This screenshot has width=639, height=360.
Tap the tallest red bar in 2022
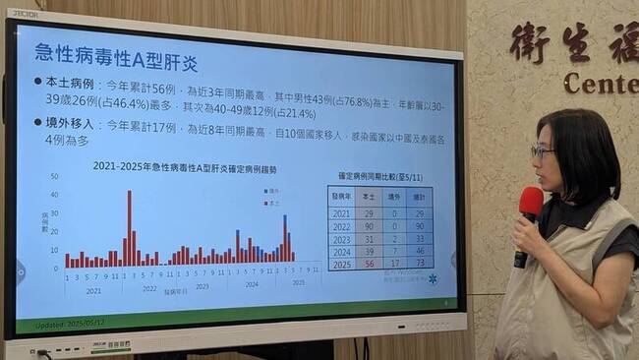pos(129,227)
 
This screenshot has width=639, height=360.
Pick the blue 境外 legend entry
pos(271,190)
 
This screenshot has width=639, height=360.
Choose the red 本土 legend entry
pos(271,202)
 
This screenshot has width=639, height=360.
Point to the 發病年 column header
pos(341,198)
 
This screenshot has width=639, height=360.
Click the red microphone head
pos(531,202)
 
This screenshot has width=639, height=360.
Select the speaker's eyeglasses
pos(542,152)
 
